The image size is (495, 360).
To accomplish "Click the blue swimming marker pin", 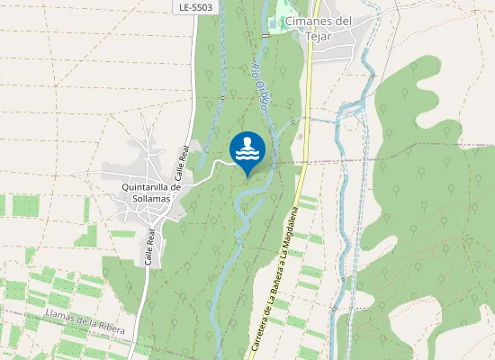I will [247, 151].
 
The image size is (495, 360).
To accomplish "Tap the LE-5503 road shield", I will [195, 6].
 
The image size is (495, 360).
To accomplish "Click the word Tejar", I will [319, 36].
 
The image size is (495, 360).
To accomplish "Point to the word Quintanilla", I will [146, 186].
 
